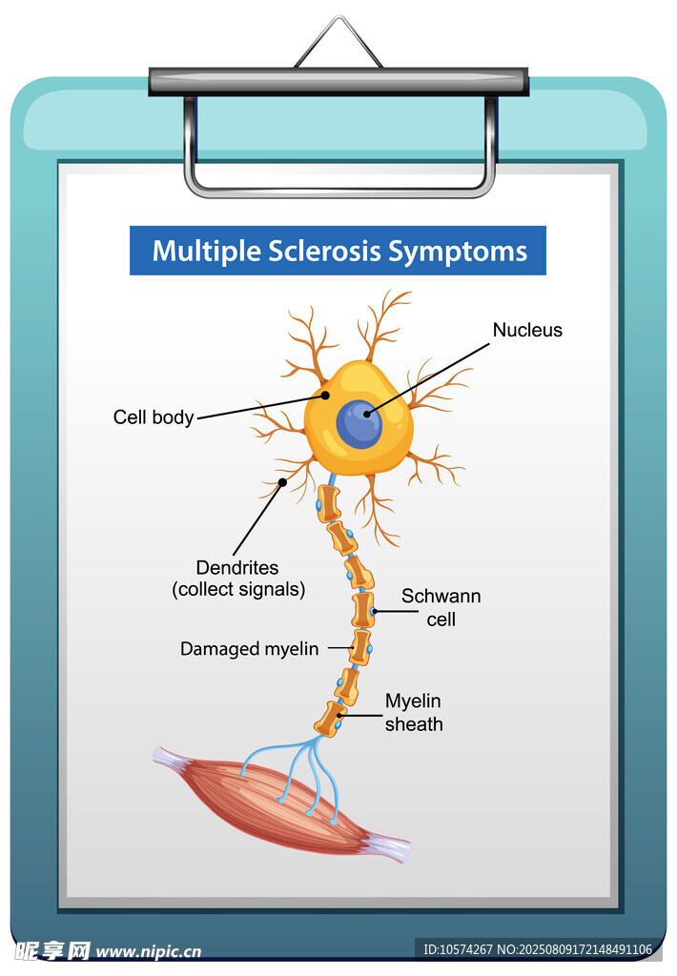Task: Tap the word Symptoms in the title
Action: (x=457, y=252)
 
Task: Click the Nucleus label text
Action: (x=527, y=331)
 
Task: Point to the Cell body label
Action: (x=154, y=417)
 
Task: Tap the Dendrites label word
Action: (x=238, y=567)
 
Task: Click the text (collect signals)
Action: (x=238, y=590)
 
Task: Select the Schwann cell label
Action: (x=441, y=607)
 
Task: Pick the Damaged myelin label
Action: (x=250, y=649)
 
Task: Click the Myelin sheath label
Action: (x=414, y=713)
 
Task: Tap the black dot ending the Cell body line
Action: (x=325, y=394)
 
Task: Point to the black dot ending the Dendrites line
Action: (x=283, y=483)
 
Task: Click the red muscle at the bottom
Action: (x=286, y=801)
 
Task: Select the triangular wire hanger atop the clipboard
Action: (x=338, y=43)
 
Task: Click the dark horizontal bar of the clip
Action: (x=338, y=82)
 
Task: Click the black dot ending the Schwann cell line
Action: (x=374, y=610)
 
